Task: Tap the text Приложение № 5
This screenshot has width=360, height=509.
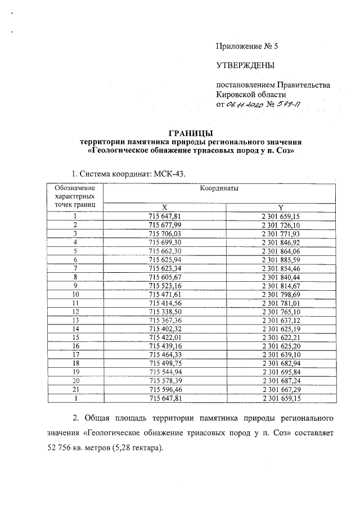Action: (247, 47)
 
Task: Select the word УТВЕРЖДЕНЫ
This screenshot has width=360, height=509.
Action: (245, 66)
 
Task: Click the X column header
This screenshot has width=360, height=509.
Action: (164, 206)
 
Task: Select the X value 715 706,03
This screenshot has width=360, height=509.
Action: (164, 233)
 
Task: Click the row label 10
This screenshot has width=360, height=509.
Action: (74, 294)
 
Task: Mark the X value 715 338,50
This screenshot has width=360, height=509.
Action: (164, 311)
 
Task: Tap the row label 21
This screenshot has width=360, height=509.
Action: (74, 389)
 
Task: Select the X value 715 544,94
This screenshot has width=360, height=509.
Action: (164, 372)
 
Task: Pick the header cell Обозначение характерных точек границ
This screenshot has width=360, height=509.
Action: (74, 196)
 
